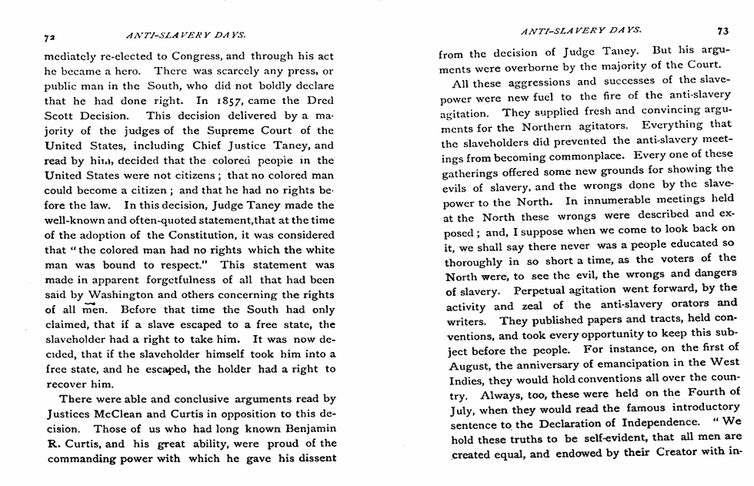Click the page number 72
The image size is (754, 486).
50,35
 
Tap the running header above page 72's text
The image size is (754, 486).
185,35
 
